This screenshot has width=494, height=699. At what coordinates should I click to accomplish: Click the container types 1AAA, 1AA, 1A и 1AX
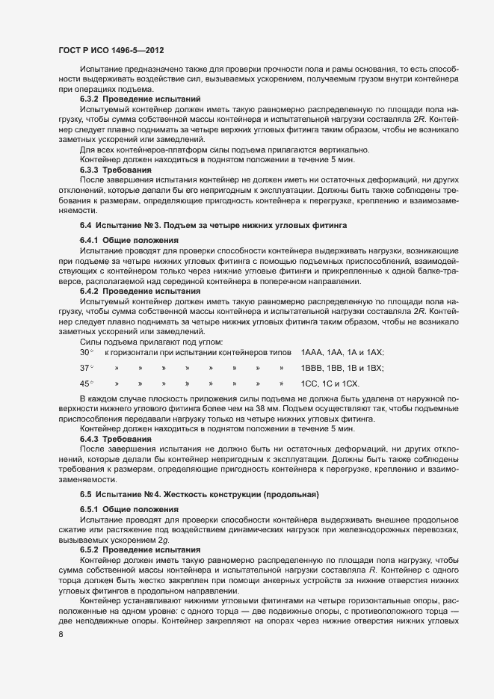tap(342, 352)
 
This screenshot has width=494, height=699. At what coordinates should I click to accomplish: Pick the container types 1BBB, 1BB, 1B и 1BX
tap(342, 368)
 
